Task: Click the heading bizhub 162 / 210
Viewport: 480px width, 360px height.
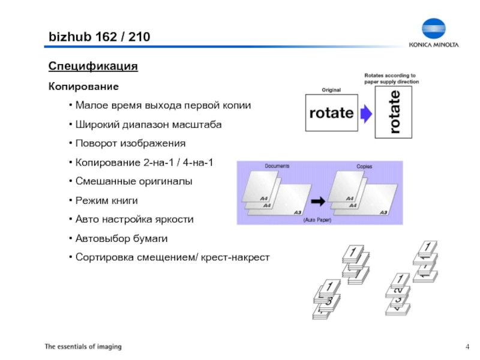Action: tap(99, 37)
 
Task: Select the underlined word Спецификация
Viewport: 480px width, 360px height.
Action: tap(93, 65)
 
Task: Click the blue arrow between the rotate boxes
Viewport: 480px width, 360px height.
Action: tap(365, 112)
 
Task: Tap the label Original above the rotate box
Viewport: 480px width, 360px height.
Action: tap(331, 90)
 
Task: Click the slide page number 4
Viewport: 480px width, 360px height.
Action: tap(467, 347)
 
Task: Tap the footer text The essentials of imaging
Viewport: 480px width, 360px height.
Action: tap(83, 347)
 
